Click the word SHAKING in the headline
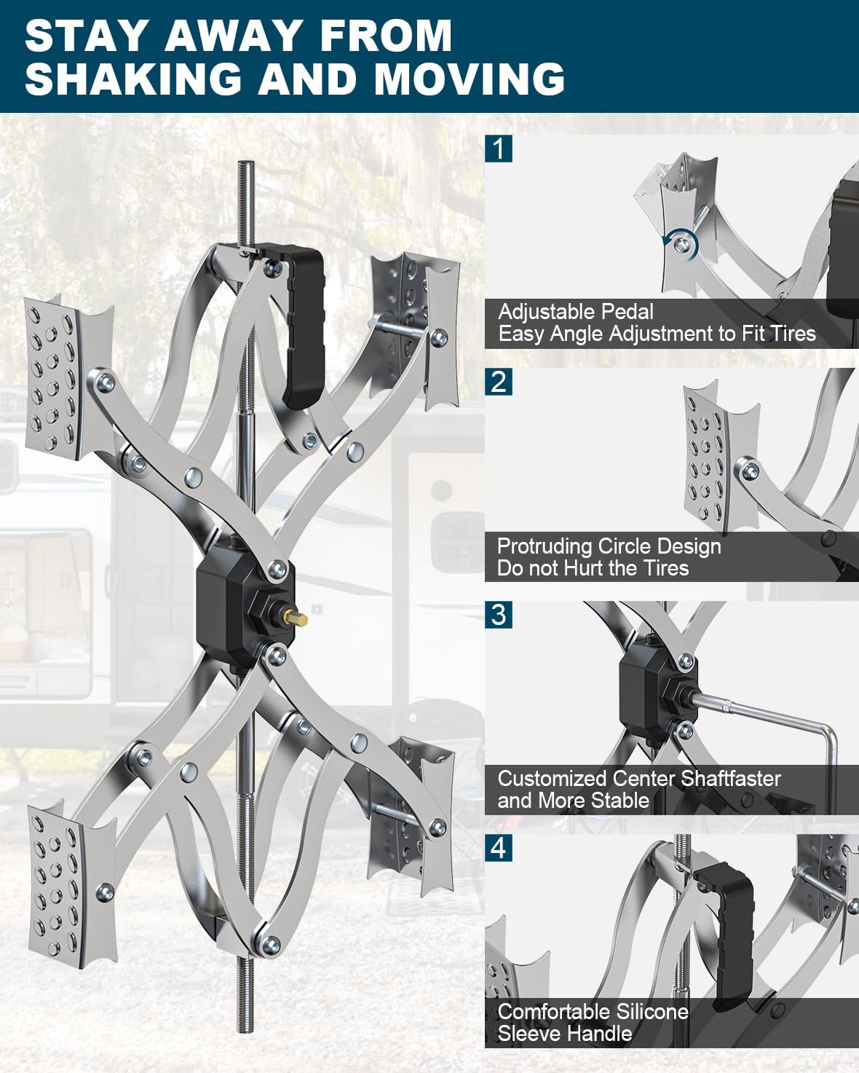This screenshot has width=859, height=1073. (x=133, y=79)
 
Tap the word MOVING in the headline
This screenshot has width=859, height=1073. (x=470, y=79)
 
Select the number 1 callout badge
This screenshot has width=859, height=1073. (x=499, y=149)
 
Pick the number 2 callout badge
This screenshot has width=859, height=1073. (x=499, y=382)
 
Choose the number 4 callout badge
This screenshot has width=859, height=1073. (x=499, y=848)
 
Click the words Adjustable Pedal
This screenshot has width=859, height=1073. (x=576, y=312)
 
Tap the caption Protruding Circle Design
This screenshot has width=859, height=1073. (x=609, y=546)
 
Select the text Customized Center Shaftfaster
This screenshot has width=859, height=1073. (x=638, y=778)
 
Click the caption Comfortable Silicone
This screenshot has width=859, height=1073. (x=593, y=1012)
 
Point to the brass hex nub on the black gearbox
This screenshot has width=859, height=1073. (x=298, y=620)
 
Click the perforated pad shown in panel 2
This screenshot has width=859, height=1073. (x=721, y=459)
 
